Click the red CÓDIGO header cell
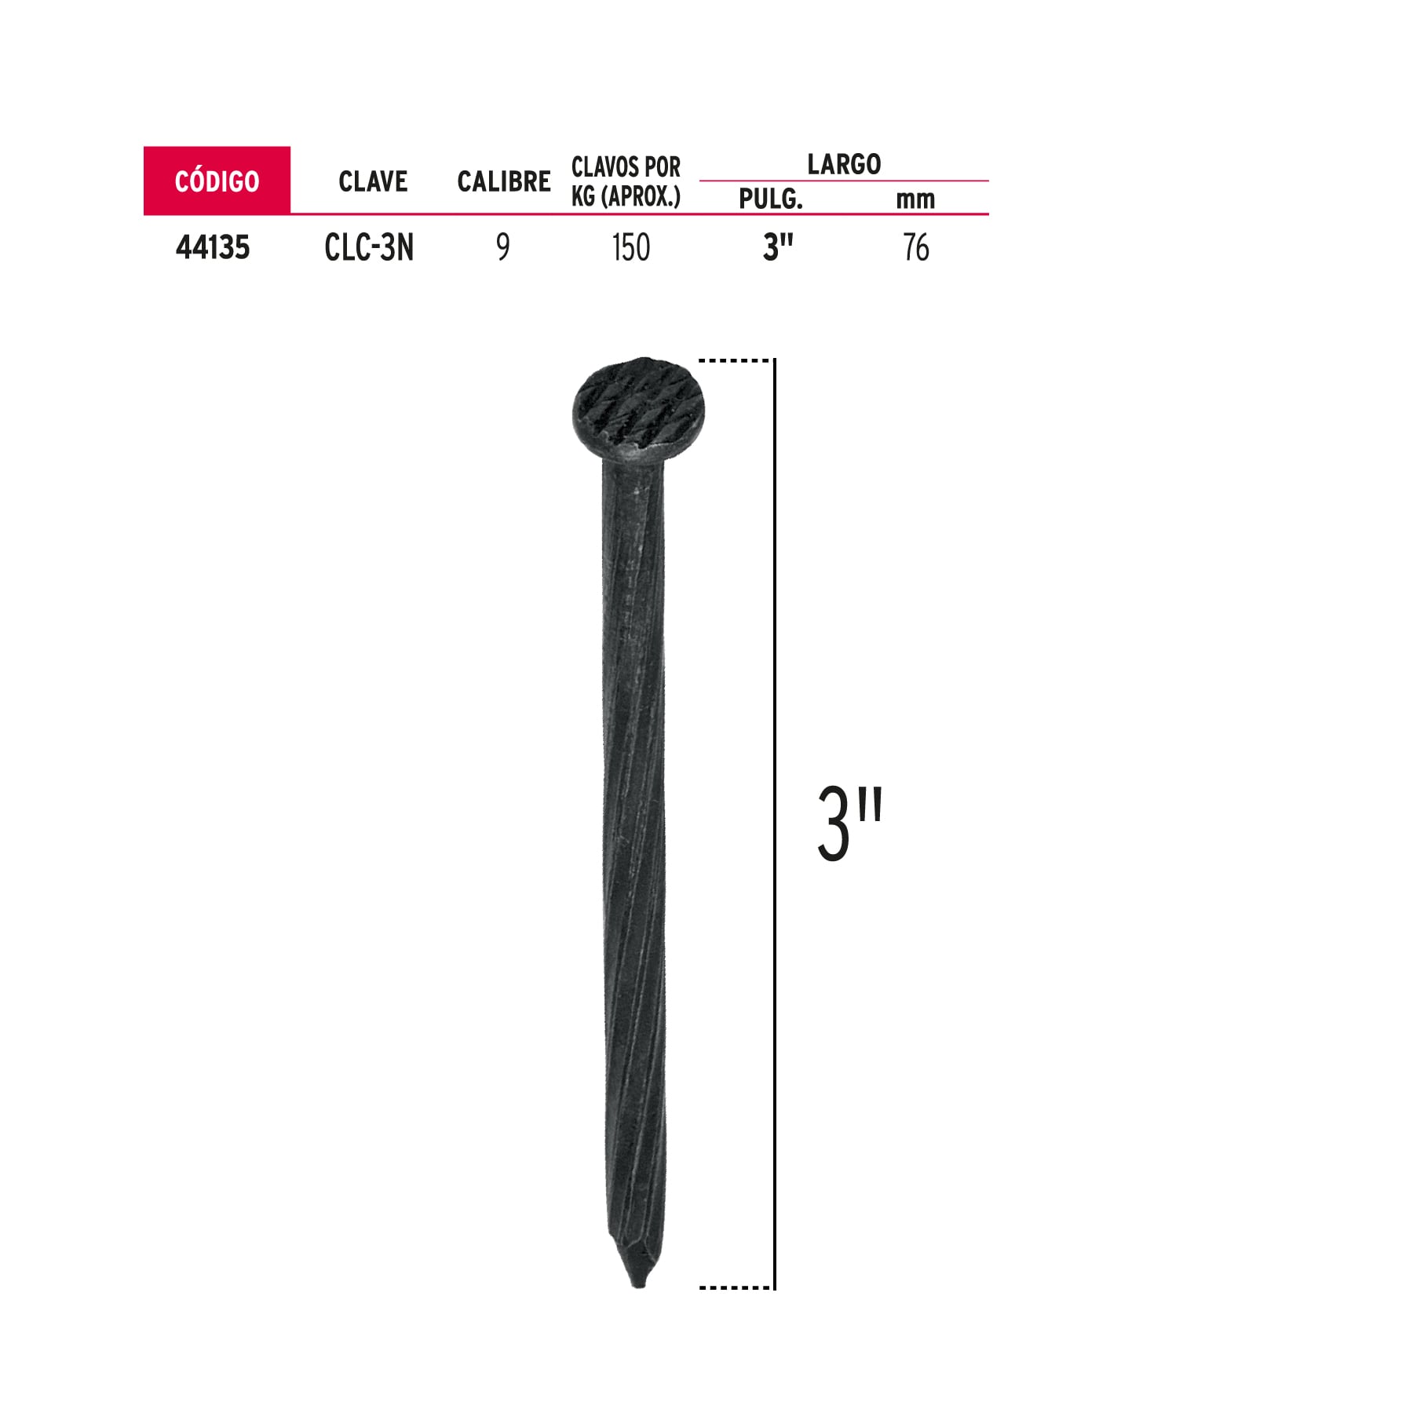217,181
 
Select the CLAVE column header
373,181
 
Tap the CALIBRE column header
504,181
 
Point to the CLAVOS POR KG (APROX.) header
626,181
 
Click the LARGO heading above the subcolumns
844,164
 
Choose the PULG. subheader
771,199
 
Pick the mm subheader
915,199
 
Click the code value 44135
213,247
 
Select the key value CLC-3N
369,248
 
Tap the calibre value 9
503,248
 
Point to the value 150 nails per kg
631,248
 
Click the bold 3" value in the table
778,248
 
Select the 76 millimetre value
916,248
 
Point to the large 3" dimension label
850,823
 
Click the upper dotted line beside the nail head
735,361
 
